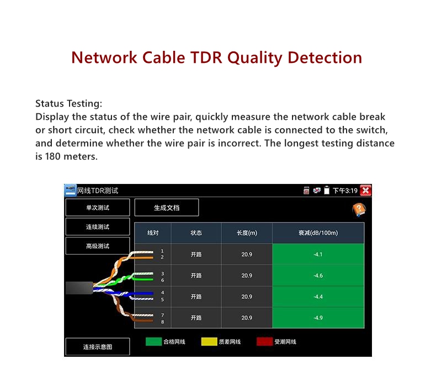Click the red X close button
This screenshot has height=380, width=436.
pos(365,191)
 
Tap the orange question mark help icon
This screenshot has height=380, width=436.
pos(359,210)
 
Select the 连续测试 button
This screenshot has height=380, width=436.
pos(98,227)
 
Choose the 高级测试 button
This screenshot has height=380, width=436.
pos(98,246)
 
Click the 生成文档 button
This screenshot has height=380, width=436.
pos(167,208)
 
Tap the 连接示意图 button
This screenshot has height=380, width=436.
pos(98,347)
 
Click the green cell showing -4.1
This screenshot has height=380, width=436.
pos(318,255)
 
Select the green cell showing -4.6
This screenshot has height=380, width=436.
pos(318,276)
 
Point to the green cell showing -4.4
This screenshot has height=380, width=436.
pos(318,297)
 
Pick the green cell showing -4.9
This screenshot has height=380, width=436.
pos(318,318)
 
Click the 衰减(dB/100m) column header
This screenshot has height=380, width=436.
pos(318,233)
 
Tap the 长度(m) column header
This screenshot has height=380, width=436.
pos(247,233)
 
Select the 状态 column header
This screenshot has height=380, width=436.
pos(196,233)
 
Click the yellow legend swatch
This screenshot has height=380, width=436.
pos(209,342)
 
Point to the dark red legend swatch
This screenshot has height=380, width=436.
pos(265,342)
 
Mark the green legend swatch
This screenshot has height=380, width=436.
pos(153,342)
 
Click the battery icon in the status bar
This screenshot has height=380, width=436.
pos(327,191)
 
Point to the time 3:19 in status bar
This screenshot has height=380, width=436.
pos(350,191)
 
